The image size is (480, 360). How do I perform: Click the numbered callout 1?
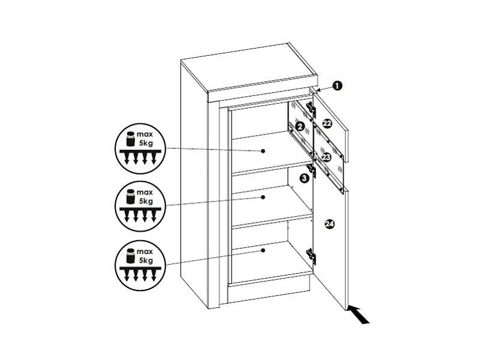click(x=337, y=86)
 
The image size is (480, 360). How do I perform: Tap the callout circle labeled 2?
click(x=301, y=126)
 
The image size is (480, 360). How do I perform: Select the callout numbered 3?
click(x=304, y=178)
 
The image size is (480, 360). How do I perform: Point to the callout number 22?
click(x=327, y=124)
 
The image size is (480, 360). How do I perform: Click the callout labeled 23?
click(x=326, y=157)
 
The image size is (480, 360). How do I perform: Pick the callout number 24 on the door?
click(x=329, y=224)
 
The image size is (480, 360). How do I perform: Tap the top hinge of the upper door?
click(x=311, y=109)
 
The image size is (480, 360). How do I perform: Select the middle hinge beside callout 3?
click(x=311, y=170)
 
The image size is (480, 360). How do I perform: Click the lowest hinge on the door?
click(x=311, y=256)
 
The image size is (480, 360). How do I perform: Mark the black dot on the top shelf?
click(x=263, y=151)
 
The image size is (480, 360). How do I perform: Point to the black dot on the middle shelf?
click(x=263, y=197)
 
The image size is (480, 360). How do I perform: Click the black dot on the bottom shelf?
click(x=263, y=251)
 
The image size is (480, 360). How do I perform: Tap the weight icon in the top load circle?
click(x=131, y=139)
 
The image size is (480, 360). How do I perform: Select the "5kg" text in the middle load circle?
click(x=146, y=201)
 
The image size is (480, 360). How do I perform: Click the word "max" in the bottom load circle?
click(x=145, y=251)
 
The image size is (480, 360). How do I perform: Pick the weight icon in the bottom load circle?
click(x=131, y=256)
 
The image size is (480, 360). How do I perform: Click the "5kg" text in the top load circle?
click(x=146, y=143)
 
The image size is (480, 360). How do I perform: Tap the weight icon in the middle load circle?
click(x=131, y=197)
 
